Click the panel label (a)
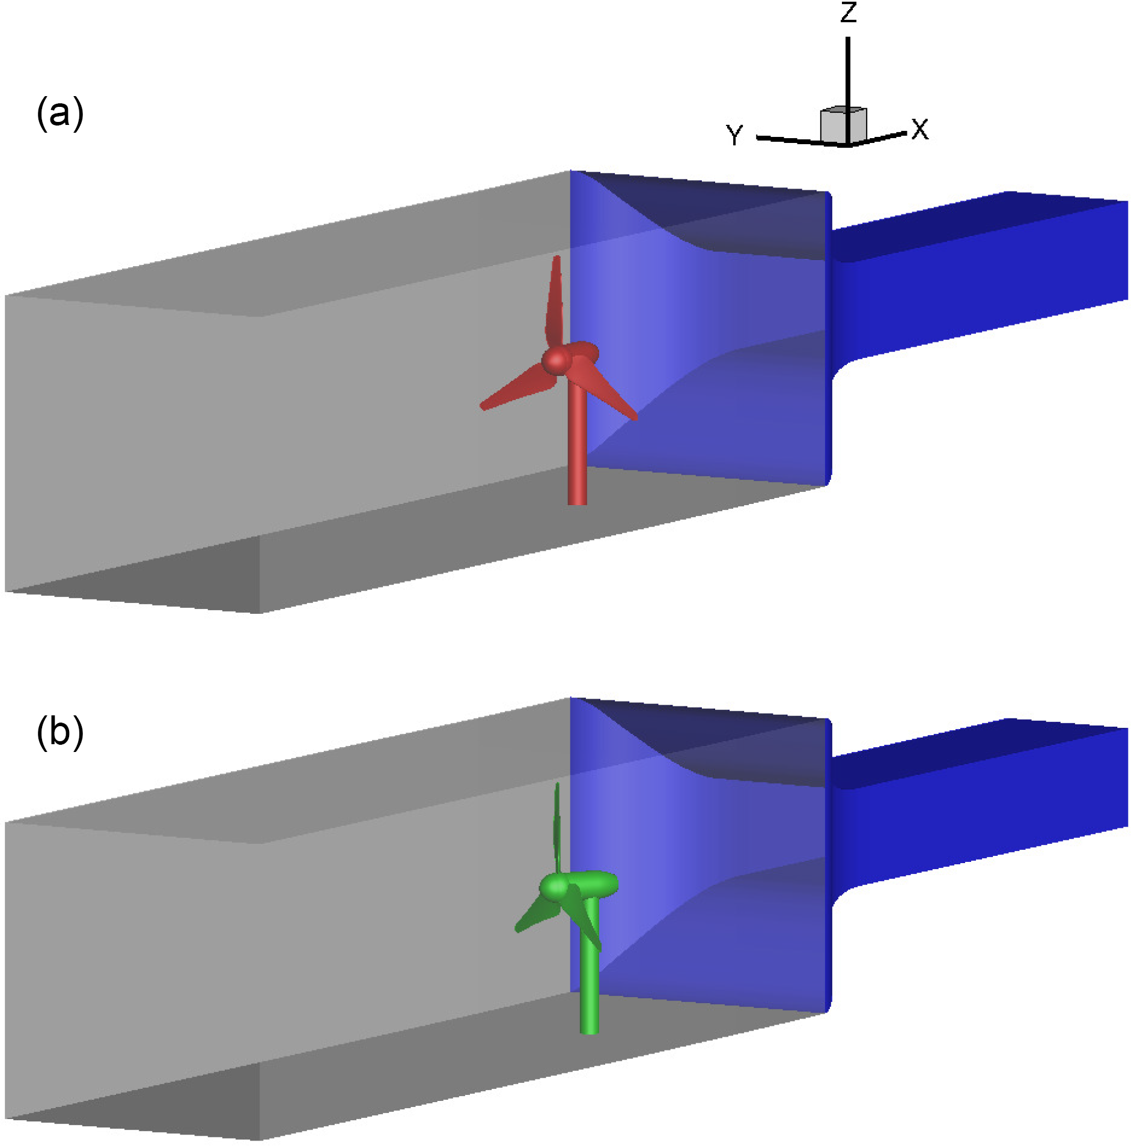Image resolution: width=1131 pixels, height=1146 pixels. tap(60, 113)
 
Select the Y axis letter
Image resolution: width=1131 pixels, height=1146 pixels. tap(734, 135)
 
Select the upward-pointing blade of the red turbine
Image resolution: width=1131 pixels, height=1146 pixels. tap(555, 300)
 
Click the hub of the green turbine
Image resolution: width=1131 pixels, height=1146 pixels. tap(553, 886)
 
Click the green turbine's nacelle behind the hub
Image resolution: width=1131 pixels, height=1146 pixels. tap(595, 882)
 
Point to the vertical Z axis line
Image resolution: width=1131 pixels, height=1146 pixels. tap(847, 72)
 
